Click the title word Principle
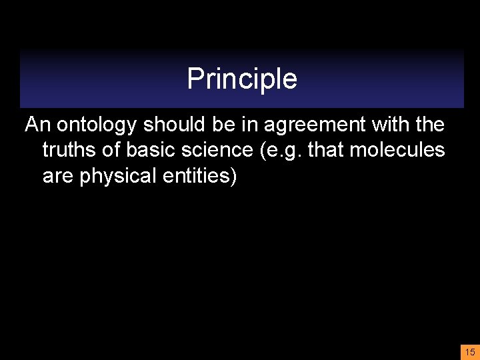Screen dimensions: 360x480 (x=242, y=79)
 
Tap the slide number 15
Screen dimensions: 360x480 (x=470, y=352)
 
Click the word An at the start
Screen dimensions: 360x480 (x=39, y=125)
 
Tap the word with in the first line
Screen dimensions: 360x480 (x=391, y=125)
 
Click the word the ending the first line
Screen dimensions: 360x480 (x=430, y=125)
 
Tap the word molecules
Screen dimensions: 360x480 (x=398, y=150)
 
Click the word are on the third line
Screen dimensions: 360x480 (x=59, y=177)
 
